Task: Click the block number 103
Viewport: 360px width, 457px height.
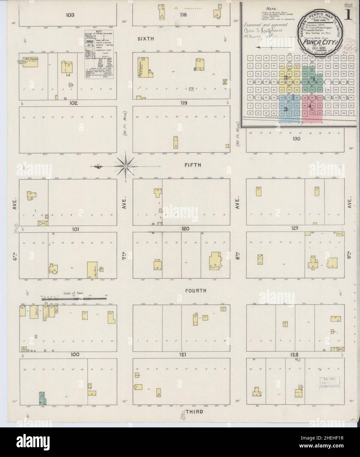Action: (70, 14)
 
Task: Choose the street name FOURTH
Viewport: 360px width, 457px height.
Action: (195, 291)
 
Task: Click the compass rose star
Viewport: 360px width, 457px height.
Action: (126, 166)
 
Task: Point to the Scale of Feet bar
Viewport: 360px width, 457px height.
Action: (75, 299)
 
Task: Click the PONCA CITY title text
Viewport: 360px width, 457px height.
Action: (311, 42)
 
